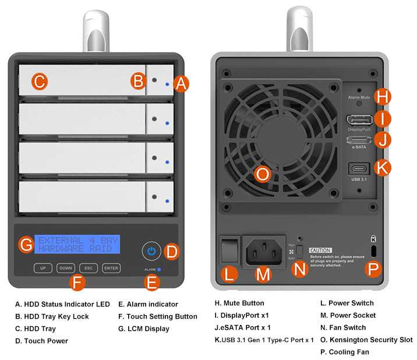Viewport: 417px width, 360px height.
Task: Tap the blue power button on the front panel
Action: coord(151,251)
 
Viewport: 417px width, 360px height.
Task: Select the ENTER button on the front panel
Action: coord(111,269)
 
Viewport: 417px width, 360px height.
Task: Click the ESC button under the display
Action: coord(88,269)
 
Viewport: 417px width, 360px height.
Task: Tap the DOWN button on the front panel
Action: coord(65,269)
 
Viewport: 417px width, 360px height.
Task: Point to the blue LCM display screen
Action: coord(77,244)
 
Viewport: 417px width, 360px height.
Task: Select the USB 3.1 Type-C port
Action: coord(359,170)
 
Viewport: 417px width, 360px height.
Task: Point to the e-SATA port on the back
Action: coord(359,140)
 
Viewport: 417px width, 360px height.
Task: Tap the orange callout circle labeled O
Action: coord(263,174)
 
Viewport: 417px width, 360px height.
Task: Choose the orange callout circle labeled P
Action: coord(373,269)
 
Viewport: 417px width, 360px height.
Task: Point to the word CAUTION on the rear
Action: coord(320,249)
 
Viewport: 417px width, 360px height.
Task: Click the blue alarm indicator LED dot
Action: coord(159,270)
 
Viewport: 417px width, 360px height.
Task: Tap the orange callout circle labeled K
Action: coord(382,168)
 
